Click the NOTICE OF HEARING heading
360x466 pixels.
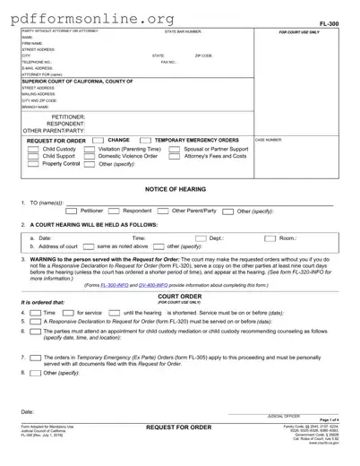[x=179, y=190]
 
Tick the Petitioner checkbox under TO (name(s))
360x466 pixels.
[x=72, y=211]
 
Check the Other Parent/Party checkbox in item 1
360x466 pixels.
[x=165, y=211]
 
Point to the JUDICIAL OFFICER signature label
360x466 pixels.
[x=284, y=418]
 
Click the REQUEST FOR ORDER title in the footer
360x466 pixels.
[x=179, y=428]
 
